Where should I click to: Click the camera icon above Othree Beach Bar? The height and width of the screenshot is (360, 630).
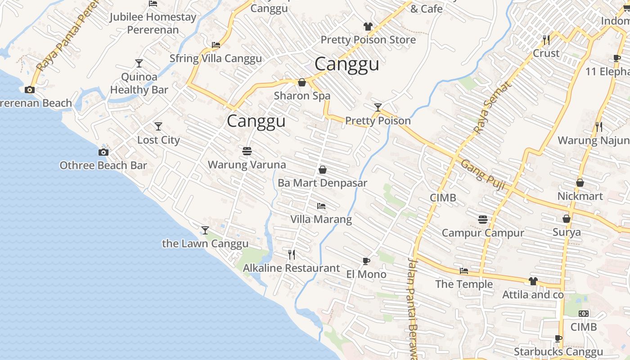103,152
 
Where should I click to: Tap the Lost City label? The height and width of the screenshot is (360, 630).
158,140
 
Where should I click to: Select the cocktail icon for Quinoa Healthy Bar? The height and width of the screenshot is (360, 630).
139,63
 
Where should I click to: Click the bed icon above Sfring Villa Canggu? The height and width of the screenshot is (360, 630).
216,45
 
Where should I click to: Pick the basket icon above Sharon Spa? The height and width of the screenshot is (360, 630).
302,82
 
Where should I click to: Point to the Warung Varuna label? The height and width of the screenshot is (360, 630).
247,165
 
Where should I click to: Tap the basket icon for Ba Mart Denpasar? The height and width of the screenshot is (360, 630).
322,170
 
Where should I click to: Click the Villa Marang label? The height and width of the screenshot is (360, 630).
321,220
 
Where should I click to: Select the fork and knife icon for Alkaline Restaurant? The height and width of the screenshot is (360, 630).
292,255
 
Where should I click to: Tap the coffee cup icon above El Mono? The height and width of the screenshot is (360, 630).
366,261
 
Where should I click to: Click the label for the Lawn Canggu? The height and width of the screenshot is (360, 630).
205,244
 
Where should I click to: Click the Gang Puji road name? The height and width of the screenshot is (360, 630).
482,175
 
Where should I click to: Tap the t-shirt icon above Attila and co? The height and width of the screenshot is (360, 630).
533,281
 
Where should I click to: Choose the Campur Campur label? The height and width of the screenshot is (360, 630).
483,233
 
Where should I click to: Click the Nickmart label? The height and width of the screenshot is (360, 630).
580,196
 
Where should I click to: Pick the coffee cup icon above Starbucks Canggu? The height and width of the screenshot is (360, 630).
558,338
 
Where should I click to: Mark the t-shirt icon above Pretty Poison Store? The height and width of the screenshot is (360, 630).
368,27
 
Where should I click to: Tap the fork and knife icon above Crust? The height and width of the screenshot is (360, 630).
546,40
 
